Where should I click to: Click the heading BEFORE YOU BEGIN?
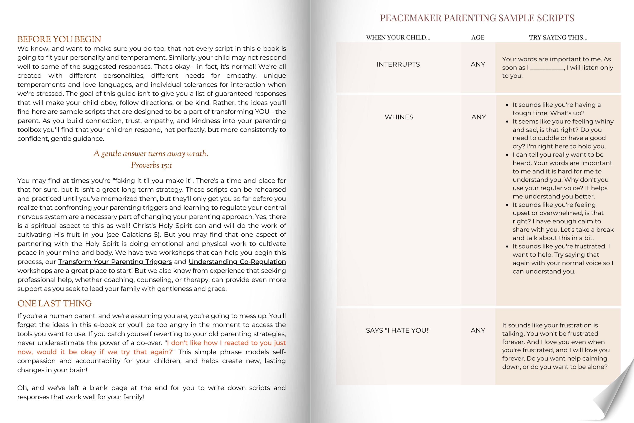59,39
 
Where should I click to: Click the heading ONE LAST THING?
55,303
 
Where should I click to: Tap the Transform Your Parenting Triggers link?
115,262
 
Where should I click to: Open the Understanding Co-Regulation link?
237,262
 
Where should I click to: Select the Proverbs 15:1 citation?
151,165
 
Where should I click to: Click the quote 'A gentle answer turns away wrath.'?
151,153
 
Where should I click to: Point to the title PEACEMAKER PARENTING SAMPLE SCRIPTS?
477,18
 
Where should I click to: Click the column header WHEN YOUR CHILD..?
398,37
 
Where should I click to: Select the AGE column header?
478,37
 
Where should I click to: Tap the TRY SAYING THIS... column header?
558,37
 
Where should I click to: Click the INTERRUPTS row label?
398,64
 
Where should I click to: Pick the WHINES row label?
399,117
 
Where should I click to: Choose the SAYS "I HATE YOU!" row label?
398,330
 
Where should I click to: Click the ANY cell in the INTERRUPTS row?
478,64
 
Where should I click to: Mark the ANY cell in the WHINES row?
479,117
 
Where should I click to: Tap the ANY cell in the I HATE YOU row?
478,330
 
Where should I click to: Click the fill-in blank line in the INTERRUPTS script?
547,69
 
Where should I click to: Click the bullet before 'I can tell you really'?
507,155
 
